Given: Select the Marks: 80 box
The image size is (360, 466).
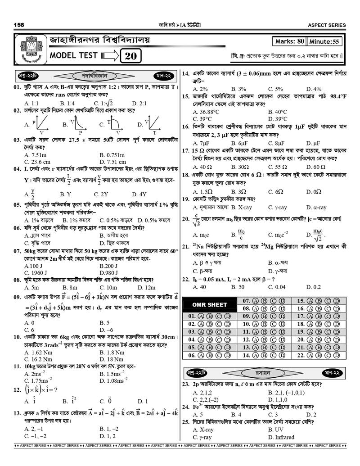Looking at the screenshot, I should pos(289,41).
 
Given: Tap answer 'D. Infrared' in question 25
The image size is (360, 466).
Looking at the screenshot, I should pos(281,437).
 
